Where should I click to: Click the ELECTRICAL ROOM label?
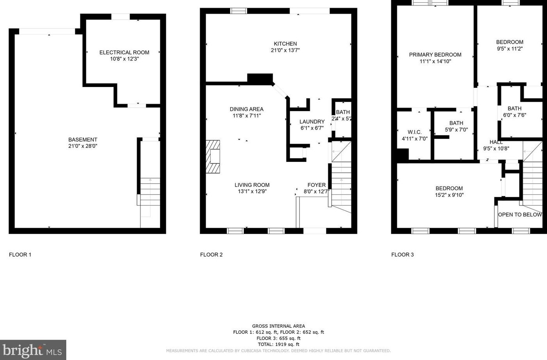(x=124, y=52)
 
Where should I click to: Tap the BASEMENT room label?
(x=83, y=140)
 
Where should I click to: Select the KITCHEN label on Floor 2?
(x=285, y=44)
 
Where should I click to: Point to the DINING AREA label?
(x=246, y=109)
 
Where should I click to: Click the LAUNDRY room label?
(x=312, y=122)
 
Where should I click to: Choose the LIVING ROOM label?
(x=252, y=185)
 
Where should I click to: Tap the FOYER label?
(x=316, y=185)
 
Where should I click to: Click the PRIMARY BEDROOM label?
(x=435, y=55)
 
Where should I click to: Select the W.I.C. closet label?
(x=414, y=132)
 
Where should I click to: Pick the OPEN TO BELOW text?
(x=520, y=215)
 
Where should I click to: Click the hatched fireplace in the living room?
(x=213, y=156)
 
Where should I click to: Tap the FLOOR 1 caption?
(x=20, y=255)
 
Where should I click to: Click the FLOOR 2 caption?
(x=211, y=255)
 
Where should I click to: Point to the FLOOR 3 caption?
(x=402, y=255)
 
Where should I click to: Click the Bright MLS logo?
(x=33, y=350)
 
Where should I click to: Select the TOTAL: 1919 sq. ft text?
(x=278, y=344)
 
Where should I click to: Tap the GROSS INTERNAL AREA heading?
(x=278, y=326)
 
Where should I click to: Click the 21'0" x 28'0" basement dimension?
(x=83, y=146)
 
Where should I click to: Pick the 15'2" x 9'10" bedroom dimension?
(x=449, y=195)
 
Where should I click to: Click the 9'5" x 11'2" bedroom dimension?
(x=510, y=49)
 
